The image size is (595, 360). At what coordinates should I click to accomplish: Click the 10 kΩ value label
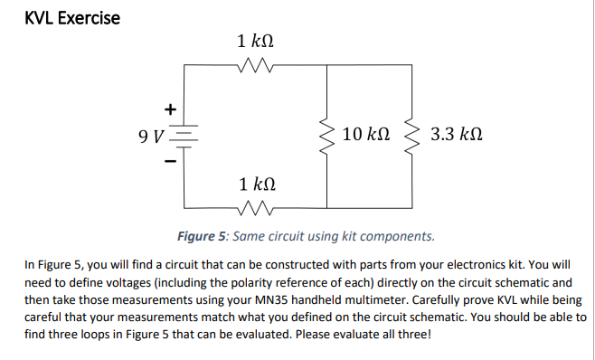pyautogui.click(x=367, y=137)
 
